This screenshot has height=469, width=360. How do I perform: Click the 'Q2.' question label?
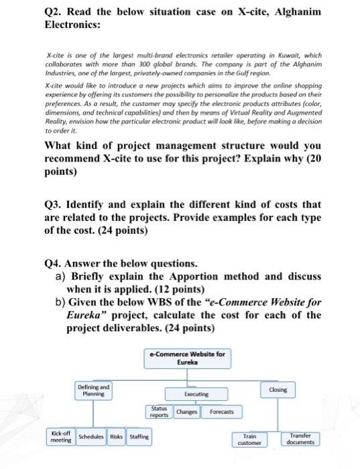(x=54, y=13)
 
